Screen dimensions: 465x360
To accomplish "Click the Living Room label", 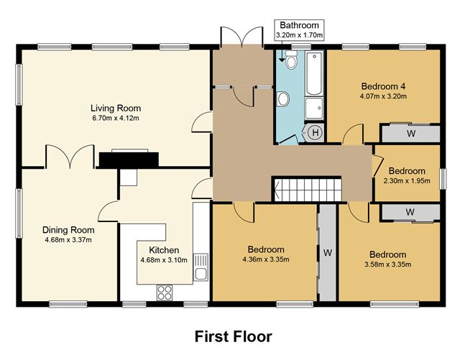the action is point(116,108).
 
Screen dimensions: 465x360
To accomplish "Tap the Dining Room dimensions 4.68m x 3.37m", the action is point(68,239).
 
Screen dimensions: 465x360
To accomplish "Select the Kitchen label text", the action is point(164,250).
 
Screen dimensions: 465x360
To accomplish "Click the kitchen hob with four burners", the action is point(165,292).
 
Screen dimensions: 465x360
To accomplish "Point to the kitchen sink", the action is point(201,267).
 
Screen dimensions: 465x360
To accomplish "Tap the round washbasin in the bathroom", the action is point(283,98).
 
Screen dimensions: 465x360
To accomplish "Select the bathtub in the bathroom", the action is point(314,73).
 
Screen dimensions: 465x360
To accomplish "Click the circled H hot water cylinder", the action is point(316,132).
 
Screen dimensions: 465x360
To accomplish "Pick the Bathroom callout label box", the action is point(299,30).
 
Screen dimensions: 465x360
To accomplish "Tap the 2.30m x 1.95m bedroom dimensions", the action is point(407,180).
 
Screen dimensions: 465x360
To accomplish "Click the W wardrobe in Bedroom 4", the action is point(410,134).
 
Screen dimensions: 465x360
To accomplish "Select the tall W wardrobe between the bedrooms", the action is point(328,253).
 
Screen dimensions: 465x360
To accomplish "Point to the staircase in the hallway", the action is point(307,189).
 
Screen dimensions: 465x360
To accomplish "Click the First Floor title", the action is point(234,336).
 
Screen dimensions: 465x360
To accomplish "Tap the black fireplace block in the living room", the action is point(129,160).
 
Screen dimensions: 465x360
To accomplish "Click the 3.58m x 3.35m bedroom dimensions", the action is point(387,264).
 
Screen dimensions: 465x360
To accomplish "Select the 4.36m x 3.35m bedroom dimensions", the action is point(266,259).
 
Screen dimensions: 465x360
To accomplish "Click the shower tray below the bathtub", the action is point(314,108).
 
